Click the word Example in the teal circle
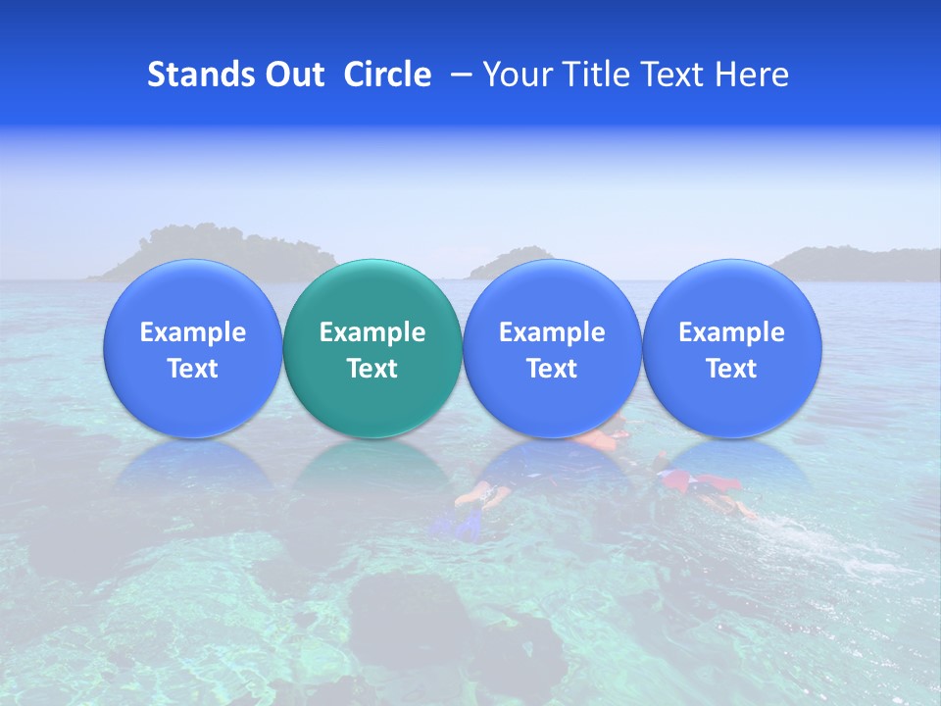pyautogui.click(x=372, y=332)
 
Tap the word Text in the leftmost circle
pyautogui.click(x=193, y=369)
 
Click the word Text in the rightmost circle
pyautogui.click(x=731, y=369)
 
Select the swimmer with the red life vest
pyautogui.click(x=701, y=485)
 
